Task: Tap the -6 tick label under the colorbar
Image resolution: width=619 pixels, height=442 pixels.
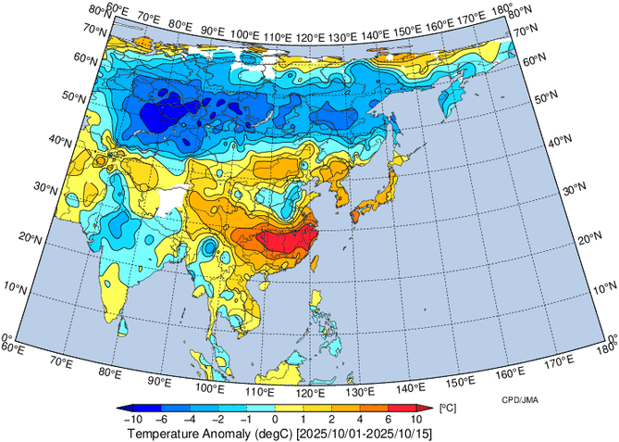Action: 167,419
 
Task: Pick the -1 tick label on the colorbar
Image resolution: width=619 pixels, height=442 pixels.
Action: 248,419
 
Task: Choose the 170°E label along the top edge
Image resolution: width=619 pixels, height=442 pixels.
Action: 472,17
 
